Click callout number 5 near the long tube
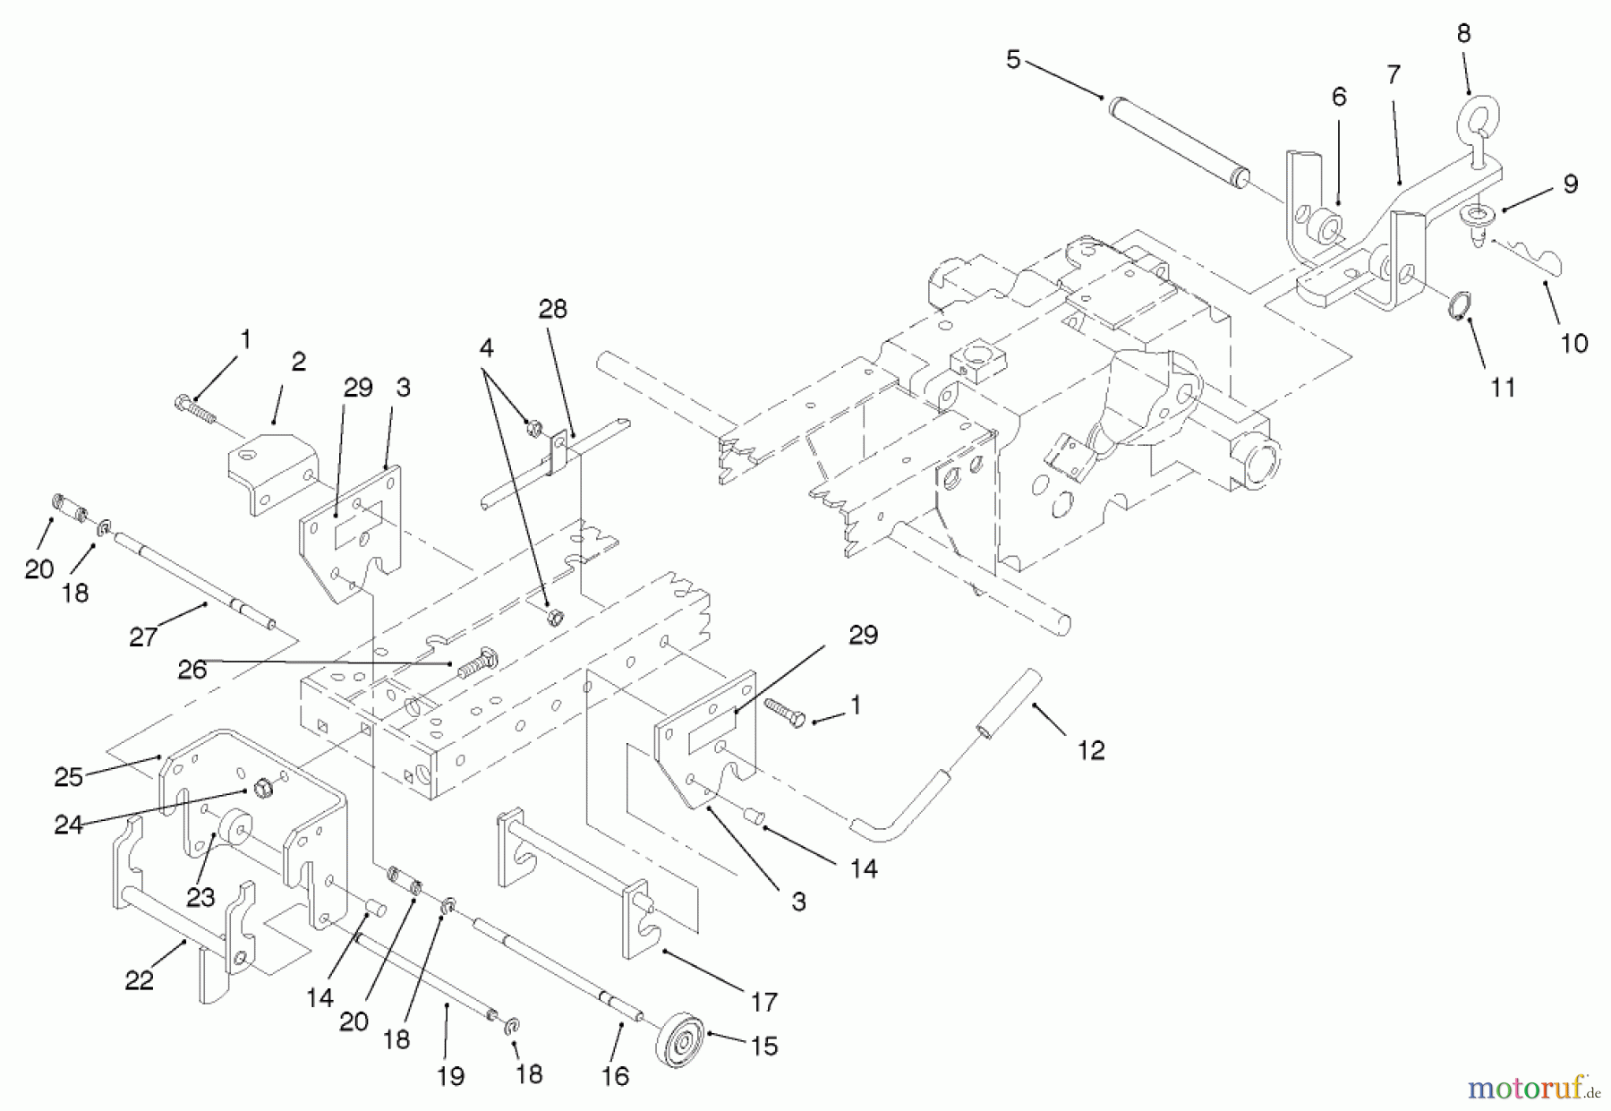click(1012, 60)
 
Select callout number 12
click(1090, 750)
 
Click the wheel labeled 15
click(679, 1040)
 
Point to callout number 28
click(552, 309)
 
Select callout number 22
click(139, 980)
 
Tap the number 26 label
click(192, 669)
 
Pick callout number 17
click(763, 1002)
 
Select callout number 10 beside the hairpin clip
click(1573, 343)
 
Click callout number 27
click(143, 637)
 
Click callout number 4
click(485, 347)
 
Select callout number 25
click(68, 777)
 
